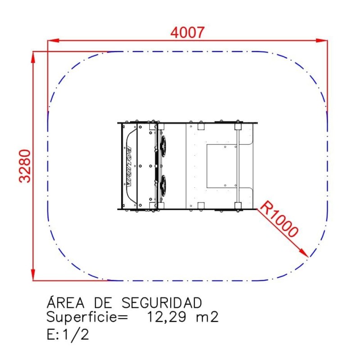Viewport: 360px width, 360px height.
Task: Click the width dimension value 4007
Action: point(187,32)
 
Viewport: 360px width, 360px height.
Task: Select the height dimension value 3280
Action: point(25,166)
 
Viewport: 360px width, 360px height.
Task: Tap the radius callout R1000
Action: point(279,219)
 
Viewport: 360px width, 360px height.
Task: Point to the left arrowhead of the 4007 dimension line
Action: point(53,40)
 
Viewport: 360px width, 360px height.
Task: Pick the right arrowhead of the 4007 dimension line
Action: point(322,40)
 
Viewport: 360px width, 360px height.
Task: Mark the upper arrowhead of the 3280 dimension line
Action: point(33,57)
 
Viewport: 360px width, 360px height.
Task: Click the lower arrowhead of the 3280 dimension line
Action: point(33,274)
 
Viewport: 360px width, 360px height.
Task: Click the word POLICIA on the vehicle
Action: point(129,167)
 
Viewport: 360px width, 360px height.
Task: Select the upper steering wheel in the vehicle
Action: point(163,146)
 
